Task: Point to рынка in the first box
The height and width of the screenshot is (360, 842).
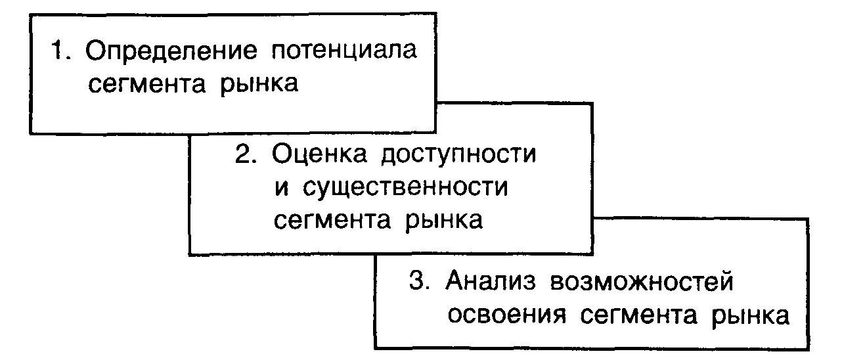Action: (x=254, y=86)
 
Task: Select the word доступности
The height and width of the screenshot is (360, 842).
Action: (x=460, y=156)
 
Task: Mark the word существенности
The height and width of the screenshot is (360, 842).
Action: (x=406, y=188)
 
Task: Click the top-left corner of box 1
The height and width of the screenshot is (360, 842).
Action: (x=30, y=13)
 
